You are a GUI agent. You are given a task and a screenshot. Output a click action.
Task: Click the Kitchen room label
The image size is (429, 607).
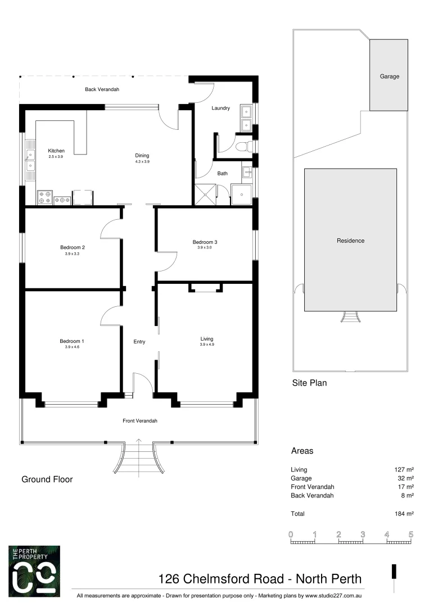tap(56, 151)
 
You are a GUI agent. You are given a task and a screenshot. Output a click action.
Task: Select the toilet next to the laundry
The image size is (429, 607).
tap(242, 147)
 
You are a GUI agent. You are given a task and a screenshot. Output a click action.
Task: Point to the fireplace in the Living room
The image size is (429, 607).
tap(205, 288)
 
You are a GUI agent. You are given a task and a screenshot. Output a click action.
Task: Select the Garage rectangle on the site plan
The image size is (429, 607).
tap(389, 75)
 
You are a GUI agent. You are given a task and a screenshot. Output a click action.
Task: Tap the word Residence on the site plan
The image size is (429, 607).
tap(350, 241)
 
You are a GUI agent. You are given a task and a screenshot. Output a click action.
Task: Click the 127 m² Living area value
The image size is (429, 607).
tap(404, 469)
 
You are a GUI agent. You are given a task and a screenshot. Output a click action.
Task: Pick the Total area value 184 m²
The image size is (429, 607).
tap(404, 514)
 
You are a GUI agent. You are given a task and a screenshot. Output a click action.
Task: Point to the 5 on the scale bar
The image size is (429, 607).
tap(411, 534)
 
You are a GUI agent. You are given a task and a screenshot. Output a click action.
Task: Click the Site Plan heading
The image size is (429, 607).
tap(309, 383)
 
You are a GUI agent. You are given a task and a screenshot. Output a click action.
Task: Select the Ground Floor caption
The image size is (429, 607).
tap(47, 479)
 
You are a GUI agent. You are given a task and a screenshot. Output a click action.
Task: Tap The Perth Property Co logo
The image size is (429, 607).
tap(34, 570)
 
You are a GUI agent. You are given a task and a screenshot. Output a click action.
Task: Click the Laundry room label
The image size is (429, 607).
tap(220, 108)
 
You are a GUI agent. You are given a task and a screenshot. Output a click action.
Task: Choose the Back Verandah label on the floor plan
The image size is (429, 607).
tap(102, 89)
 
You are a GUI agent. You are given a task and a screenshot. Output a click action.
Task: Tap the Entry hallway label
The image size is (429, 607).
tap(139, 342)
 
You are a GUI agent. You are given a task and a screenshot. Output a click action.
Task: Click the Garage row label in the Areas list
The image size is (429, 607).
tap(301, 478)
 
